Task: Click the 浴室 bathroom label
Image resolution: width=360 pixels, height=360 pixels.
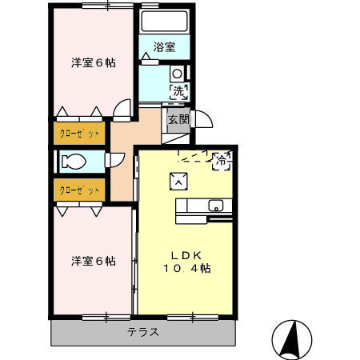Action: click(x=165, y=47)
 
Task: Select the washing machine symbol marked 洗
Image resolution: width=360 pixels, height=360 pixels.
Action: click(x=178, y=91)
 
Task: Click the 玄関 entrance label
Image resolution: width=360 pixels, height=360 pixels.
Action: click(x=178, y=120)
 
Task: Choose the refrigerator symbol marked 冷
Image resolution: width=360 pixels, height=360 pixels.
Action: click(x=221, y=160)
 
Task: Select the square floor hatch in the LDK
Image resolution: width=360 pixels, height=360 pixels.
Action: click(x=178, y=182)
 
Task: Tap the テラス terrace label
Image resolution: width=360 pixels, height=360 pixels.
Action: click(x=143, y=332)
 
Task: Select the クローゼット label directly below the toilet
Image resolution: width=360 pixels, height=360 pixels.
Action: click(x=79, y=190)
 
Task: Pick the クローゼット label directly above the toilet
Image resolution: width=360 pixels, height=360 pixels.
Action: click(x=79, y=132)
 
